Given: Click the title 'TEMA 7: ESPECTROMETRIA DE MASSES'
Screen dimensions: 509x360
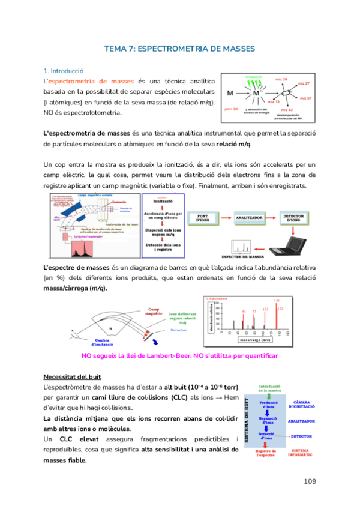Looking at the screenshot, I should [179, 49].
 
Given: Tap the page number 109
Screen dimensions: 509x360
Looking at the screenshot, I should [310, 481].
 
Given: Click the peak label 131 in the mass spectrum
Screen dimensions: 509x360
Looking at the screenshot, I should [277, 300].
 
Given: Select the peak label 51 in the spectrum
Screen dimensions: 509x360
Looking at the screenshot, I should [244, 311].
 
